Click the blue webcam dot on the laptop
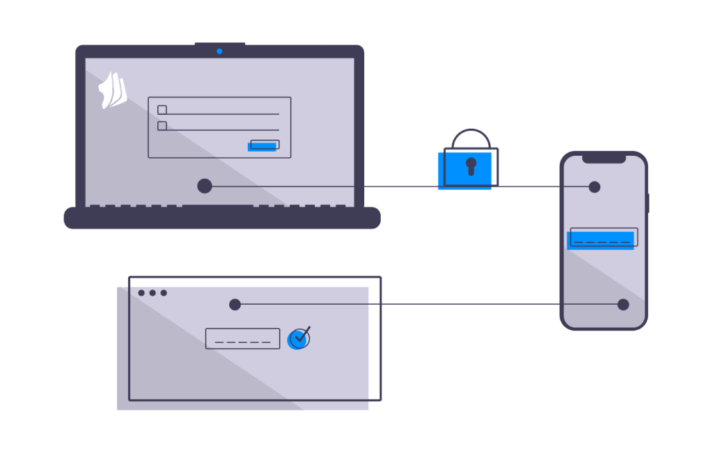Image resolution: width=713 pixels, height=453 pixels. click(219, 51)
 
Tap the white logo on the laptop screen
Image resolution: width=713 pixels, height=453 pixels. click(113, 90)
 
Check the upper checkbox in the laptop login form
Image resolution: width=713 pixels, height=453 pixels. click(162, 110)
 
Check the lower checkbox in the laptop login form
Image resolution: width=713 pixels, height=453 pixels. click(162, 126)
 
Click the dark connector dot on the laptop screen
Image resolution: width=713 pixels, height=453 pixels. click(205, 186)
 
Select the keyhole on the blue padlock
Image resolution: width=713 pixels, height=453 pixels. click(471, 166)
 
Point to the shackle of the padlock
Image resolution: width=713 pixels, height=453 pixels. click(471, 137)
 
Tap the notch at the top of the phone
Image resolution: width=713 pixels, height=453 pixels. click(604, 159)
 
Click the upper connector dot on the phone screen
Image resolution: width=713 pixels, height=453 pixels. click(594, 186)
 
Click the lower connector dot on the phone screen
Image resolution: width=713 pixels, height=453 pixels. click(623, 304)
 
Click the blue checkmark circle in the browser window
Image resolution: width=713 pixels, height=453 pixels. click(299, 338)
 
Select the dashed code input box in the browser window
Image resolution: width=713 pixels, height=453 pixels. click(242, 339)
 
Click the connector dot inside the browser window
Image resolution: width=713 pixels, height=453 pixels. click(235, 304)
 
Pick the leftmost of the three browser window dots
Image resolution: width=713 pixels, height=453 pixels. click(141, 293)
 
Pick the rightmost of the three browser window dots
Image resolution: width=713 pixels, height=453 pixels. click(164, 293)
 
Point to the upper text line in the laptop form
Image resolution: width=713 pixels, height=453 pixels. click(223, 113)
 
